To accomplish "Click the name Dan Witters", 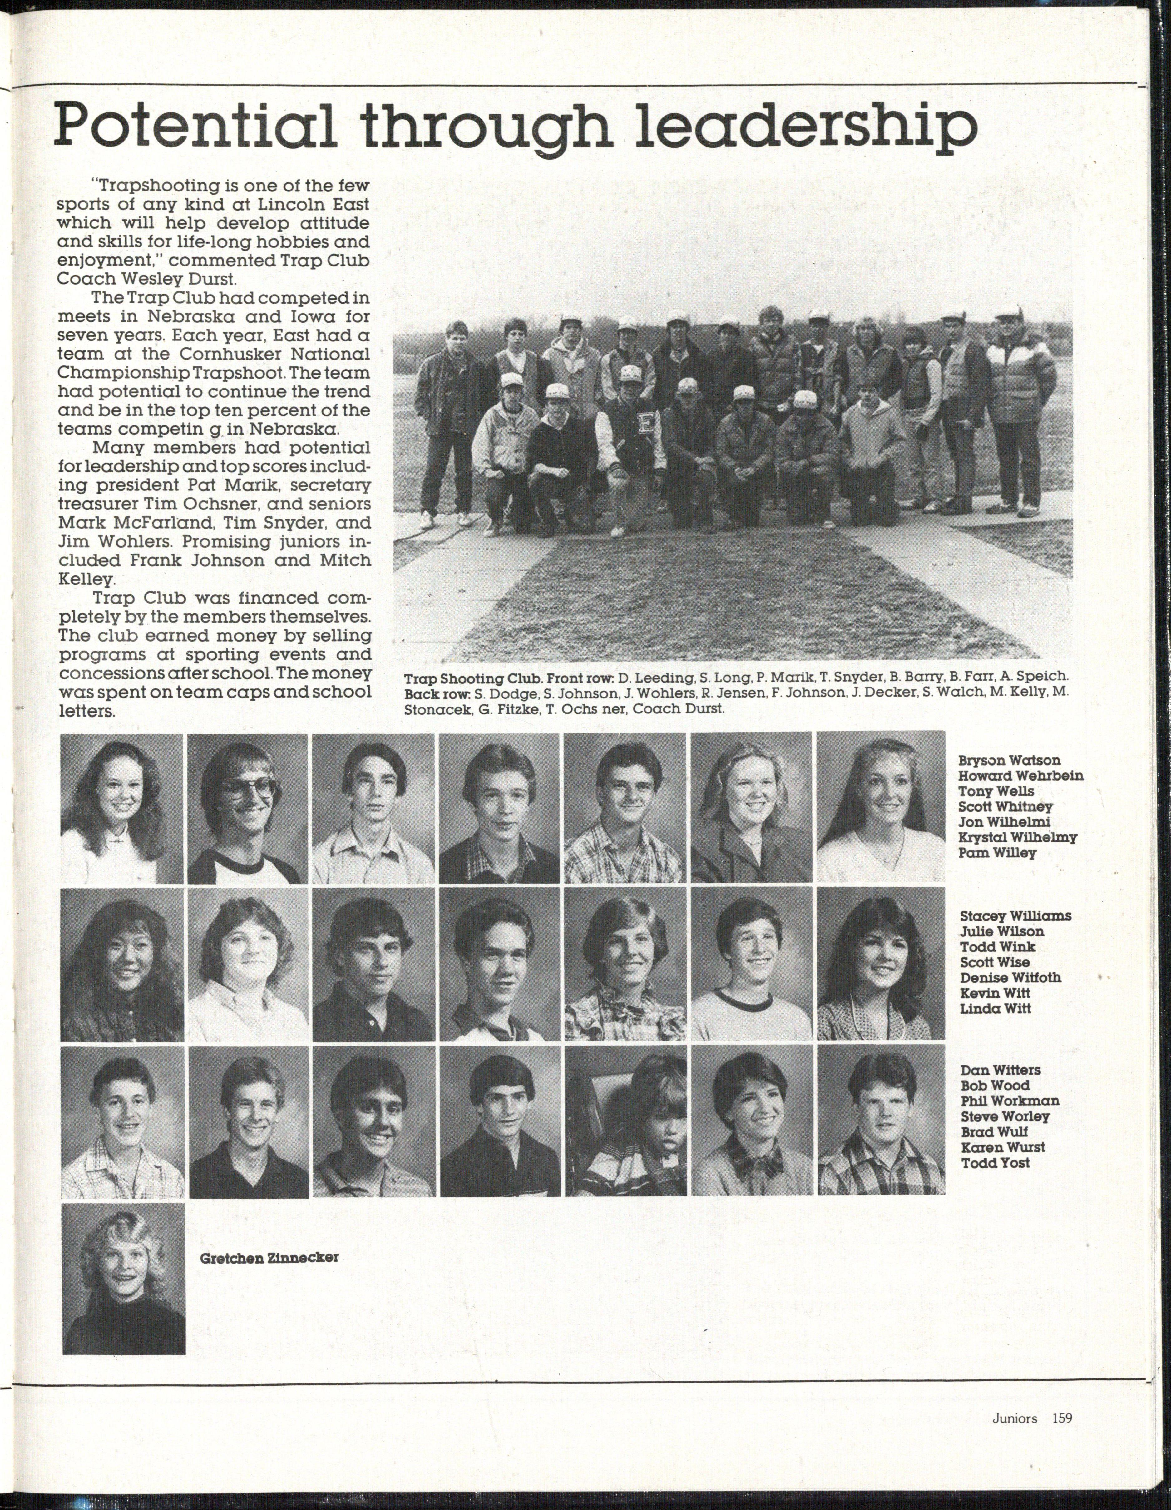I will [x=1000, y=1070].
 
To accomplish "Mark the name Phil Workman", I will [x=1009, y=1101].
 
